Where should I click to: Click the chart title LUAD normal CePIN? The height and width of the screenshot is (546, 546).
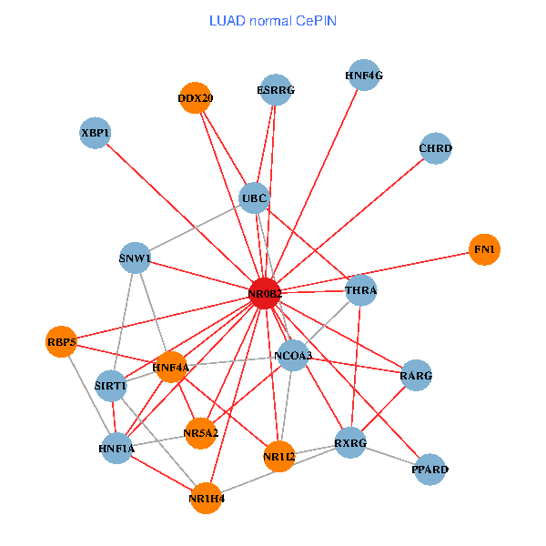pos(272,20)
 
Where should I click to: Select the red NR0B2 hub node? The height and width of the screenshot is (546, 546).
pos(265,293)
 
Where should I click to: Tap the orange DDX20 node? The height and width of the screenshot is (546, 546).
pos(196,98)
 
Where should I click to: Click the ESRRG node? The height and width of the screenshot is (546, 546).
pos(276,90)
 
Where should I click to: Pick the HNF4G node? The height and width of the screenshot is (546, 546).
pos(364,76)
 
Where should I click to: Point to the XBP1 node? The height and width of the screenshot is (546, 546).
pos(96,133)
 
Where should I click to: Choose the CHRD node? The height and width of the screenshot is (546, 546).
pos(436,147)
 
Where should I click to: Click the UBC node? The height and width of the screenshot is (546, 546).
pos(254,197)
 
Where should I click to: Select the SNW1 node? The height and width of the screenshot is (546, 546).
pos(135,258)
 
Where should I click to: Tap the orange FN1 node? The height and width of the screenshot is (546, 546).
pos(484,248)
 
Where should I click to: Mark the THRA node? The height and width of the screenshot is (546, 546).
pos(361,291)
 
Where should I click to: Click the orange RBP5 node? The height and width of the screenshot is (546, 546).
pos(61,341)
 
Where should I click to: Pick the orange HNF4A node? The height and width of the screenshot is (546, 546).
pos(171,368)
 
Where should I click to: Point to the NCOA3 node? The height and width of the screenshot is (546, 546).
pos(293,355)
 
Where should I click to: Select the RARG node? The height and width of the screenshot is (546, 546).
pos(416,375)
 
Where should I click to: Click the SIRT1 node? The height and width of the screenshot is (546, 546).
pos(111,386)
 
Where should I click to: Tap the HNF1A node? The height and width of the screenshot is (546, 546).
pos(116,448)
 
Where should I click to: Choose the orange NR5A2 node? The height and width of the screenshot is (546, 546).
pos(200,432)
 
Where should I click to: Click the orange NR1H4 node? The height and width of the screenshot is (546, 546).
pos(207,498)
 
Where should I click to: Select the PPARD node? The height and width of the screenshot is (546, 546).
pos(430,470)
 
